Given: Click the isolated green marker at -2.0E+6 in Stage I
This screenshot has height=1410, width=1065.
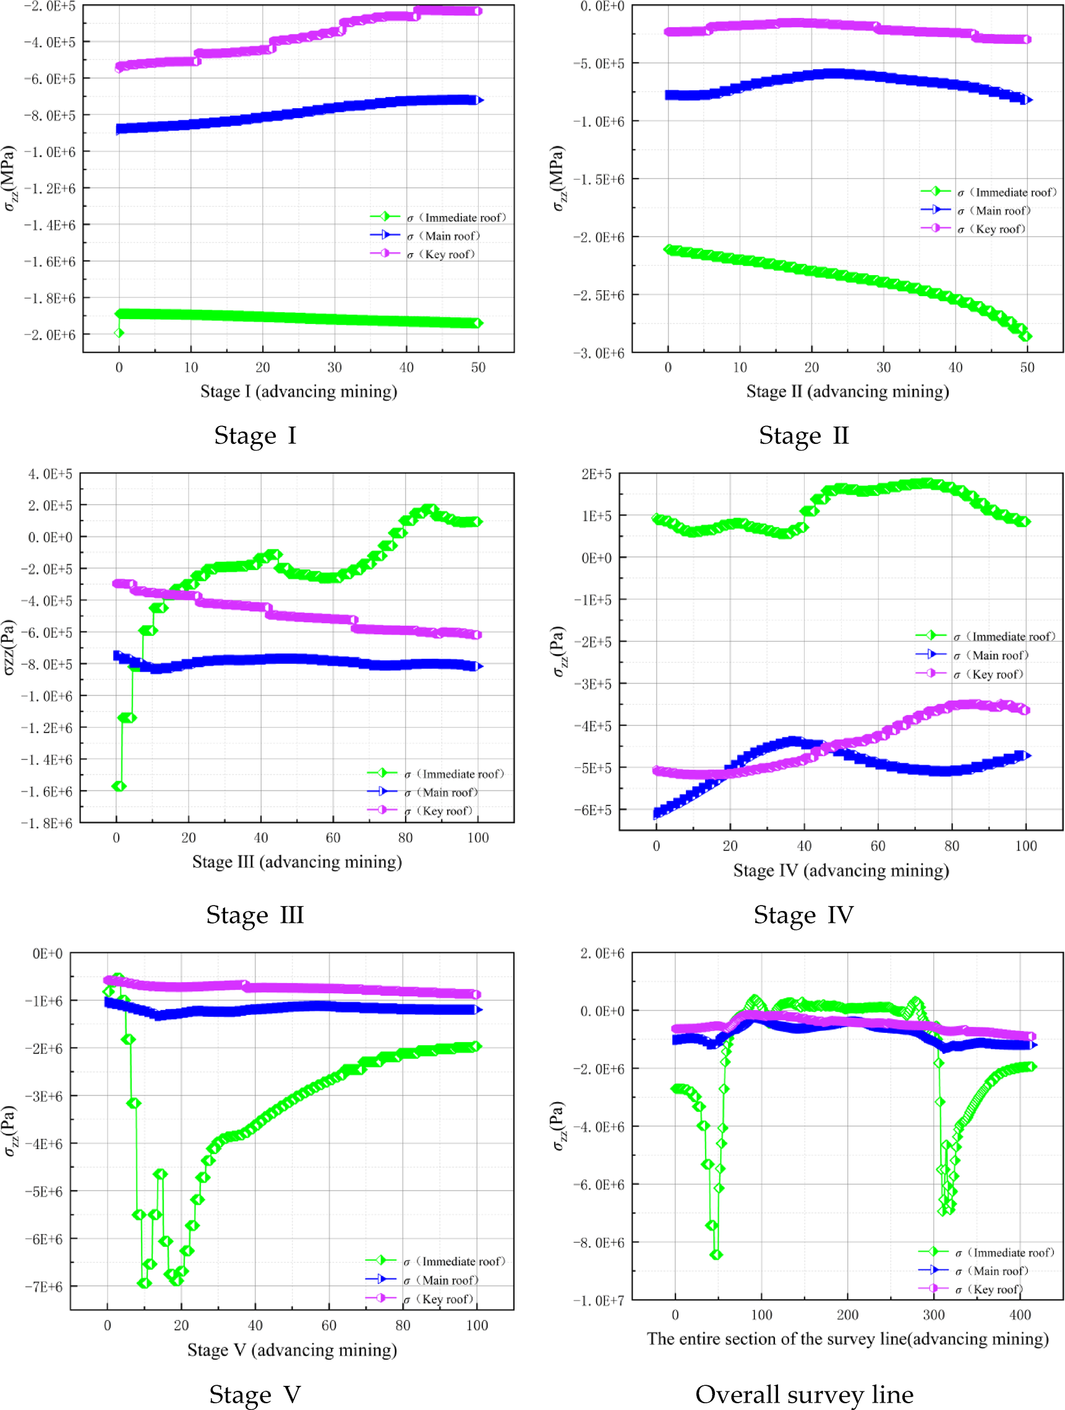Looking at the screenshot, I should click(x=119, y=333).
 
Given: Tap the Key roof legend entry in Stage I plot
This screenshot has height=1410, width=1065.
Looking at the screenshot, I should click(x=440, y=254).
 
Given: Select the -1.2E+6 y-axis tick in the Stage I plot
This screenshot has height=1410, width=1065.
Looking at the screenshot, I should click(x=49, y=189).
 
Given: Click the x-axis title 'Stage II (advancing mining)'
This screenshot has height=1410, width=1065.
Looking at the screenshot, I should click(x=847, y=391).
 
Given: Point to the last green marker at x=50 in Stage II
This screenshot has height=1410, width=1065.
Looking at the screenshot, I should click(x=1026, y=336).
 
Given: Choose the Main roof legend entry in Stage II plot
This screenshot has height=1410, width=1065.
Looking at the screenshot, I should click(x=991, y=210).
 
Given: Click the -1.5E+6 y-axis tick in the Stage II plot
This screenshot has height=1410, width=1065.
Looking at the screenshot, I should click(x=599, y=180).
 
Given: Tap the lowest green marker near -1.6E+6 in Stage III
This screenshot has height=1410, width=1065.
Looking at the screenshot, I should click(x=119, y=786).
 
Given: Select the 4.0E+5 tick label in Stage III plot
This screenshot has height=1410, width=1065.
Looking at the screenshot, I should click(x=49, y=474).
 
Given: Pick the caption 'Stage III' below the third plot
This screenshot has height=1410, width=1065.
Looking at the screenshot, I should click(x=254, y=915).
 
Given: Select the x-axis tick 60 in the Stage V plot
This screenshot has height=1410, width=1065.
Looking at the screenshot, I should click(x=328, y=1325).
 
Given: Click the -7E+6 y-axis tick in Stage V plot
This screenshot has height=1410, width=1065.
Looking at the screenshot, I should click(x=43, y=1286).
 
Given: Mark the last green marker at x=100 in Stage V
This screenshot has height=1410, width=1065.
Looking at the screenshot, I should click(x=476, y=1047).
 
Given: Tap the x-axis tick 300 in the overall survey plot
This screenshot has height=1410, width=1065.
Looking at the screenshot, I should click(x=934, y=1314).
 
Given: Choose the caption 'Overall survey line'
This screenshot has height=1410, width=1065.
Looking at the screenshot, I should click(x=803, y=1395).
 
